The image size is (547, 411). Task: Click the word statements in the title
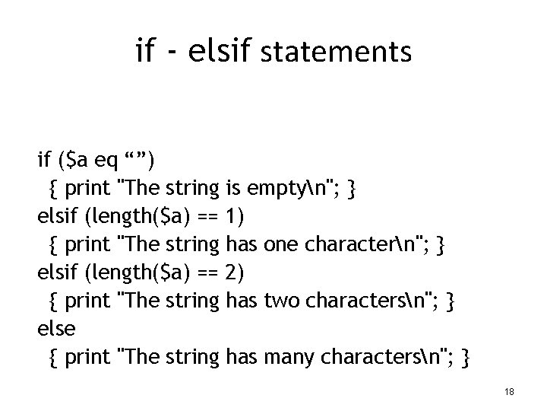(336, 53)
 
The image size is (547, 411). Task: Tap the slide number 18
(509, 391)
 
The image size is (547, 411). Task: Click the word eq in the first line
(106, 161)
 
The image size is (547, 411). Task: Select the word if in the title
(144, 52)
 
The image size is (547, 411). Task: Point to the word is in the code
(234, 189)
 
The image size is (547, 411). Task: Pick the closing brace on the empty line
(351, 189)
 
